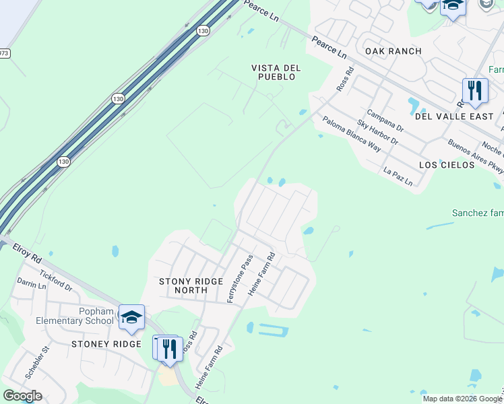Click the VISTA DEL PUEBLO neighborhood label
[275, 72]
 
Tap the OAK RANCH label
[393, 51]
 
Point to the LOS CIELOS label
[447, 165]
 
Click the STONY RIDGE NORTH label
[190, 285]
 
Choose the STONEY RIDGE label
[106, 344]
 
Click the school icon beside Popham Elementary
[131, 316]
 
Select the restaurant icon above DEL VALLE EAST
[475, 90]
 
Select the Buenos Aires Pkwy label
[476, 157]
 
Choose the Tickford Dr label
[55, 280]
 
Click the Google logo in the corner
[22, 396]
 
